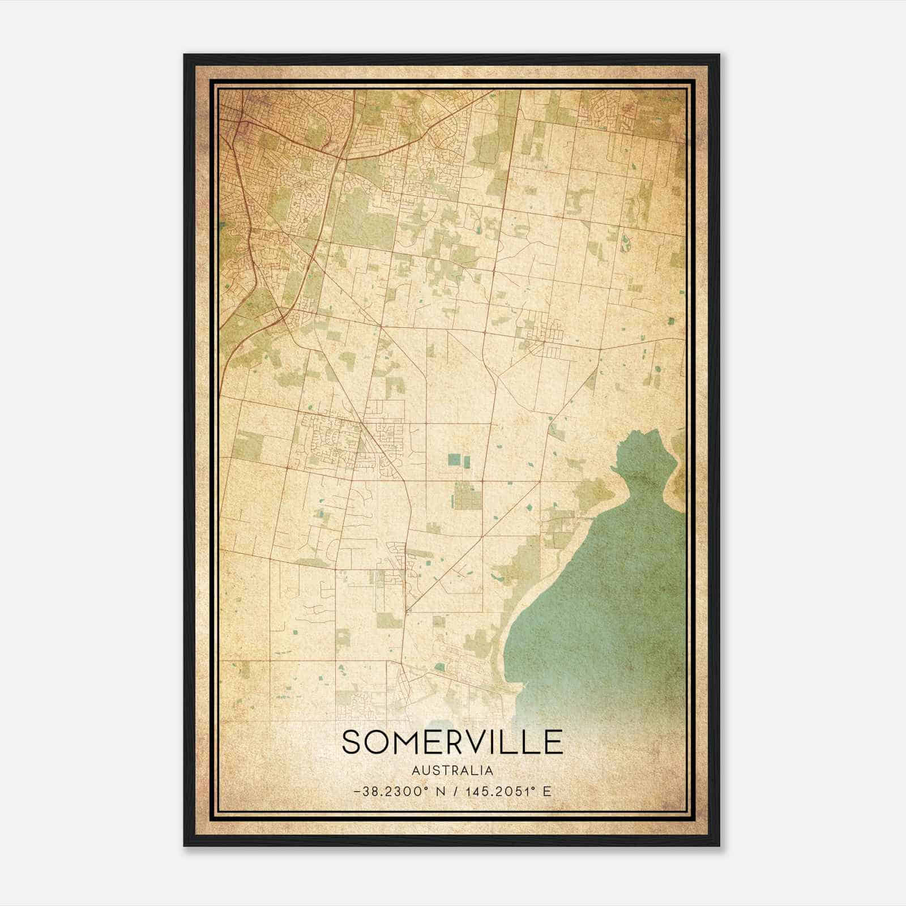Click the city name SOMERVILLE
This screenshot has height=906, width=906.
pos(452,742)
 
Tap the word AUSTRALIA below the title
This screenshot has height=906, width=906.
pos(452,771)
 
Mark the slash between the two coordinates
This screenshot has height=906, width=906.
pos(456,792)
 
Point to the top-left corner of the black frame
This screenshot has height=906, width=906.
pos(185,55)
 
